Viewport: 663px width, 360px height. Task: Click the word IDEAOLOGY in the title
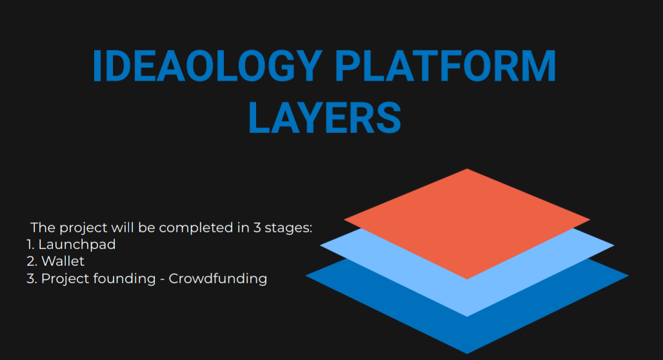click(x=207, y=66)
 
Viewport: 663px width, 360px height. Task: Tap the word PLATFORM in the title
click(x=445, y=66)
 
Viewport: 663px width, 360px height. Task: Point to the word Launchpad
click(x=77, y=245)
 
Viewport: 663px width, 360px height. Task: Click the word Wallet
click(x=63, y=261)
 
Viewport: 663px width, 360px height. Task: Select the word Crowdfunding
click(x=218, y=279)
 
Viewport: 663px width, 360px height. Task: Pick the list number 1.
click(x=30, y=245)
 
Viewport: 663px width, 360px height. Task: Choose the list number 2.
click(x=32, y=261)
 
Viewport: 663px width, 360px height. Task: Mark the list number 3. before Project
click(x=32, y=279)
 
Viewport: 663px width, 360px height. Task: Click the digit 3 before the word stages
click(x=257, y=228)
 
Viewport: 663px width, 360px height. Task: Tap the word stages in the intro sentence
click(x=288, y=228)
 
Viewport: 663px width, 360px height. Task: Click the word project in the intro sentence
click(x=83, y=228)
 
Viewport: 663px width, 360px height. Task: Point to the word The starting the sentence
click(x=43, y=228)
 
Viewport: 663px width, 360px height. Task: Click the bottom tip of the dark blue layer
click(x=467, y=354)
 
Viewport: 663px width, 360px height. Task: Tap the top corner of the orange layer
click(x=467, y=169)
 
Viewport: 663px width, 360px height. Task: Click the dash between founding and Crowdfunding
click(x=162, y=279)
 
